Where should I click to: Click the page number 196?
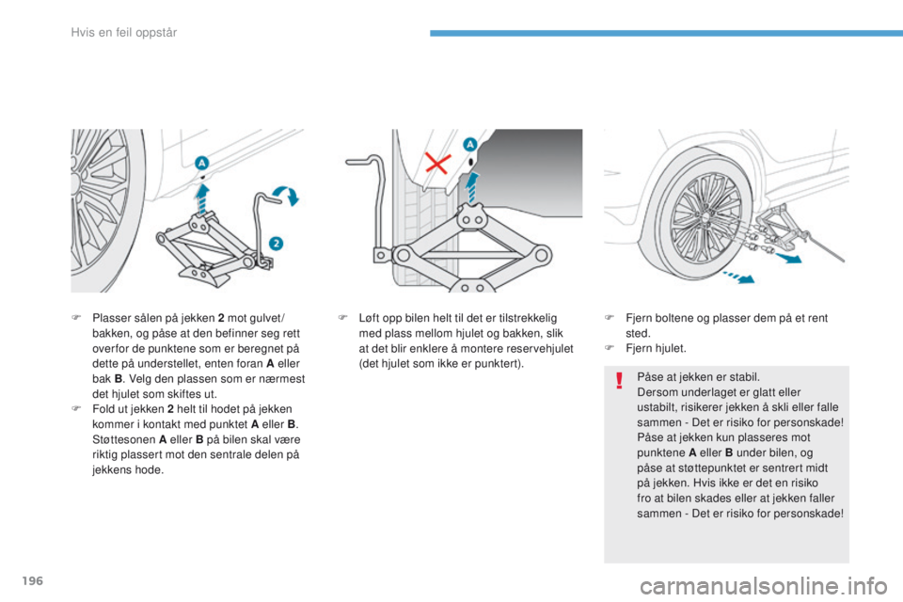(x=33, y=580)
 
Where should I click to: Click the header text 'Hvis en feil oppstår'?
(x=124, y=33)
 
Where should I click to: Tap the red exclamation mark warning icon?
(x=619, y=380)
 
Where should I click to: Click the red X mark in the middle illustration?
(x=437, y=163)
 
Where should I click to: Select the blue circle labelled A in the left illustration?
(x=201, y=163)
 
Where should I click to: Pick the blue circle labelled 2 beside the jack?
(x=276, y=243)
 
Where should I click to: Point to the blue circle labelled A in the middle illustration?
(x=470, y=145)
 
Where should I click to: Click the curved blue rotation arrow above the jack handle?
(x=286, y=194)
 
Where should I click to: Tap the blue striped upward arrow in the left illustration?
(x=201, y=198)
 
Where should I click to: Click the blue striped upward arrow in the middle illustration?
(x=472, y=188)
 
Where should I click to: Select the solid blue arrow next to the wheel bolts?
(x=788, y=257)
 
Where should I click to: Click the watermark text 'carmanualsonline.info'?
(x=764, y=586)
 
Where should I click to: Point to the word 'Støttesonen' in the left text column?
(x=124, y=439)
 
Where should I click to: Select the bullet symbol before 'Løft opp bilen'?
(x=342, y=318)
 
